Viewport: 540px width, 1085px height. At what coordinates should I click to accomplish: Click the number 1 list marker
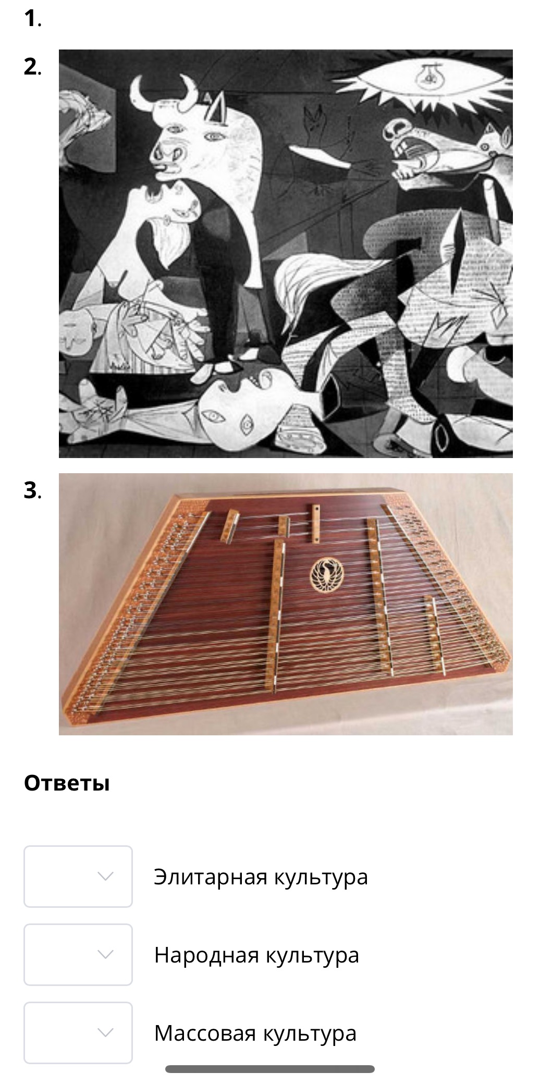pos(32,19)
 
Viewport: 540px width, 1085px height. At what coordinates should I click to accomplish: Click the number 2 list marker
pos(32,67)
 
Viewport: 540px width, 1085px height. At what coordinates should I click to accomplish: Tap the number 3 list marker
pos(32,490)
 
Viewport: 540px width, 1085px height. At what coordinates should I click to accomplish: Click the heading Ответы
pos(67,783)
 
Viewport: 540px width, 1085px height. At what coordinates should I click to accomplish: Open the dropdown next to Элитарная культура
pos(78,877)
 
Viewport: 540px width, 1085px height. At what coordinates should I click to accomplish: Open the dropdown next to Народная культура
pos(78,955)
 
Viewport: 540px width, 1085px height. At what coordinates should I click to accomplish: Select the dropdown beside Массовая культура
pos(78,1033)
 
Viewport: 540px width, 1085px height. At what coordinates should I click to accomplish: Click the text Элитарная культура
pos(261,877)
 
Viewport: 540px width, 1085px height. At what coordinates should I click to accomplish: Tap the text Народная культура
pos(256,955)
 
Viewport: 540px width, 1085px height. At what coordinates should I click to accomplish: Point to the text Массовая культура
pos(255,1033)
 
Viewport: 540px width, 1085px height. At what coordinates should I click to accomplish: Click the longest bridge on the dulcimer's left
pos(276,615)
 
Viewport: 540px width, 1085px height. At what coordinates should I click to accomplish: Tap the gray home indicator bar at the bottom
pos(269,1069)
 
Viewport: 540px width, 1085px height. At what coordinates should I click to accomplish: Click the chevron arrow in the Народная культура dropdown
pos(105,955)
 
